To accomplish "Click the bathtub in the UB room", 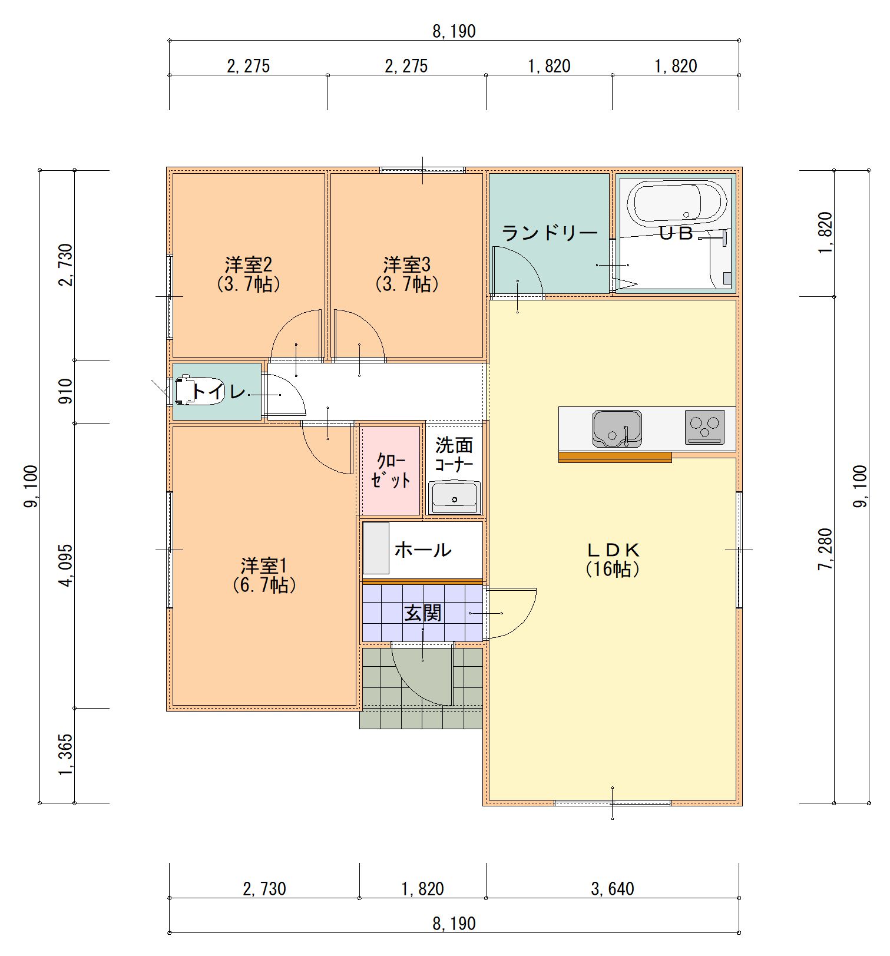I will [676, 203].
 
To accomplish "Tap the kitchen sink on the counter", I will [616, 428].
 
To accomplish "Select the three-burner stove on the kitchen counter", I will [704, 427].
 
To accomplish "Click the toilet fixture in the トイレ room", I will [184, 390].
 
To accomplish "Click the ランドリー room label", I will [550, 234].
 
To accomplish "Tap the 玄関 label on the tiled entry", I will [422, 613].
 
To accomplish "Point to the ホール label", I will [422, 550].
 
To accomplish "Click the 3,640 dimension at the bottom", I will [613, 888].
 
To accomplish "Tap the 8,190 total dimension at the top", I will [454, 31].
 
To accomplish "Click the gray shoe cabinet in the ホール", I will [376, 548].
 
